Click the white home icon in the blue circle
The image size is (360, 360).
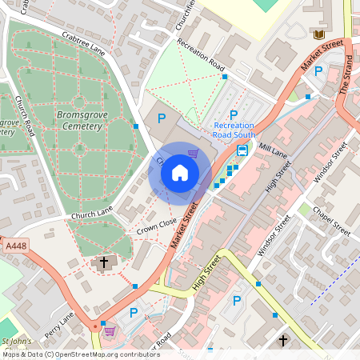[179, 173]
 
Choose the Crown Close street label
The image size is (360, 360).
[156, 230]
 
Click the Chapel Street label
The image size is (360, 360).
[332, 219]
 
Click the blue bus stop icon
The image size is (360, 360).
[242, 151]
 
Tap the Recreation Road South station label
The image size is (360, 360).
[234, 130]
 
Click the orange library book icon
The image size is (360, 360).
[318, 35]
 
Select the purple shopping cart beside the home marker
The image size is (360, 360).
[193, 153]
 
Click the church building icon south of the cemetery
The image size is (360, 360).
[103, 263]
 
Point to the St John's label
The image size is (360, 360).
[16, 342]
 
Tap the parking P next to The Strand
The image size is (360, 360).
[318, 72]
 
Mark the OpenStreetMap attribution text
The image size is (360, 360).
[70, 354]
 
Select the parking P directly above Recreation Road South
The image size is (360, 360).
[234, 115]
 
